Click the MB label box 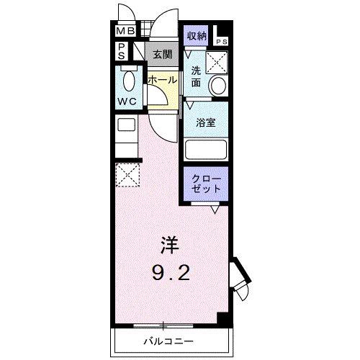(125, 32)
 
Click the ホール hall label (162, 80)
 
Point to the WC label (127, 101)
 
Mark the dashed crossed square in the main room (127, 175)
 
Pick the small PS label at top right (223, 42)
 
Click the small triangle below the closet (215, 210)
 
